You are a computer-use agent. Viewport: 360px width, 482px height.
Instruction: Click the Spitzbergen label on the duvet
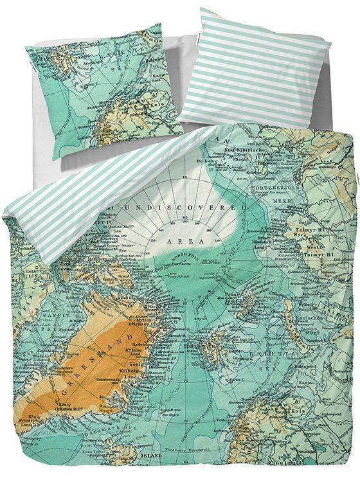pos(216,336)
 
